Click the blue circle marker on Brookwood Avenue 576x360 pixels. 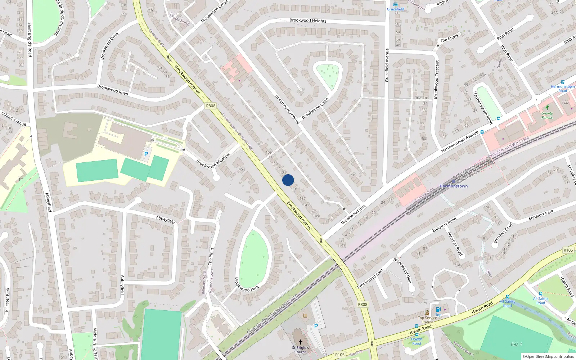pos(288,180)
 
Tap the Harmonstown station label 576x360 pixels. pos(454,186)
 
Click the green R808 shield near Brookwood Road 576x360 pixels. pos(211,106)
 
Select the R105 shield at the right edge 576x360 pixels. pos(568,250)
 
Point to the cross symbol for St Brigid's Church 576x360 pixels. pos(301,342)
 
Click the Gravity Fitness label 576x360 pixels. pos(547,115)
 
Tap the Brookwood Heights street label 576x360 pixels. pos(308,21)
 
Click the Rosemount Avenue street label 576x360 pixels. pos(287,109)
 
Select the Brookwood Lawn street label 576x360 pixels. pos(315,108)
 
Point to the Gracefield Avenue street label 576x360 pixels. pos(387,65)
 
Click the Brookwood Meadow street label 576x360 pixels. pos(213,161)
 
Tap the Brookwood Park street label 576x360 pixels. pos(247,284)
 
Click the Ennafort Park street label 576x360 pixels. pos(541,215)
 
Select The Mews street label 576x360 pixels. pos(449,38)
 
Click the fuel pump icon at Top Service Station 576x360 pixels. pos(438,309)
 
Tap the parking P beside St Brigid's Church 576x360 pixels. pos(316,326)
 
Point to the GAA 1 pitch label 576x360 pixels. pos(516,344)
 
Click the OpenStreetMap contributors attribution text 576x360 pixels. pos(548,356)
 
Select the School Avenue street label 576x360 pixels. pos(14,119)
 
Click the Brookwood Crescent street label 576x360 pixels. pos(437,79)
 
